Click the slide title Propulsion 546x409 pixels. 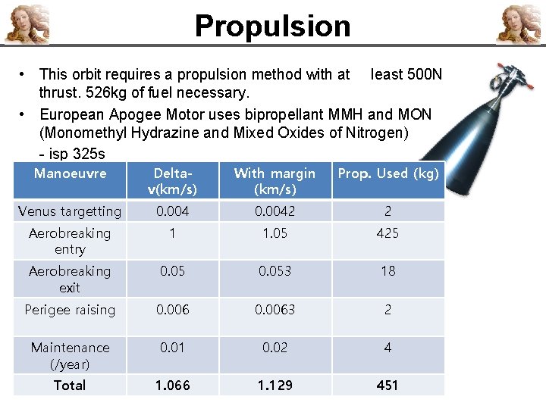[272, 26]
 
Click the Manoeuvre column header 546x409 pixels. [71, 173]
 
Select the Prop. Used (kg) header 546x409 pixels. [388, 173]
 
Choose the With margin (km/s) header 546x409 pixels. [275, 180]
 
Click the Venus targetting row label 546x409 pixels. [70, 211]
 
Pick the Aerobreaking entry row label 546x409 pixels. [70, 241]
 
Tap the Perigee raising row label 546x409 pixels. [70, 310]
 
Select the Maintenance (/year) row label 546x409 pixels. [70, 355]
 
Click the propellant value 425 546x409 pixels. [388, 233]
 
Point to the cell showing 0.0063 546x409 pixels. [275, 310]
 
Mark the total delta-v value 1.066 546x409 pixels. [172, 386]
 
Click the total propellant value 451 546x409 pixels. [388, 386]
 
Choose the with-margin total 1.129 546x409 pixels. [275, 386]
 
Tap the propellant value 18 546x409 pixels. [388, 271]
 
